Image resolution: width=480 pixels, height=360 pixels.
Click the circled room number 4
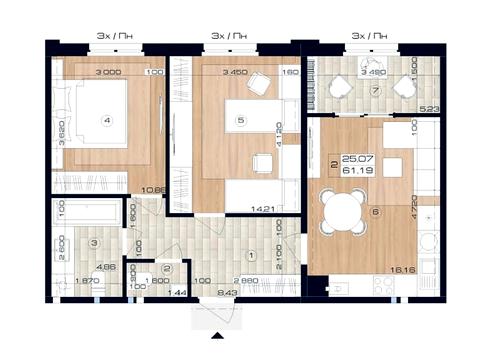(106, 119)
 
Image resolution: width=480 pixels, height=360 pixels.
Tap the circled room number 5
(241, 121)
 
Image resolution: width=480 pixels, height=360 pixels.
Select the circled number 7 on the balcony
(372, 90)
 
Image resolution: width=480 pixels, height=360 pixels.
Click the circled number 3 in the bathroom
(93, 243)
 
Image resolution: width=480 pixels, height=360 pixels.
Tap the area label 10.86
(152, 188)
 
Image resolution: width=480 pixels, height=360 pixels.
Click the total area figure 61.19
(353, 171)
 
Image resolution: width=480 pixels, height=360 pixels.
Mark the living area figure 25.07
(353, 158)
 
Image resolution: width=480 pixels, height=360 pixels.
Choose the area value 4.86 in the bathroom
(106, 268)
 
